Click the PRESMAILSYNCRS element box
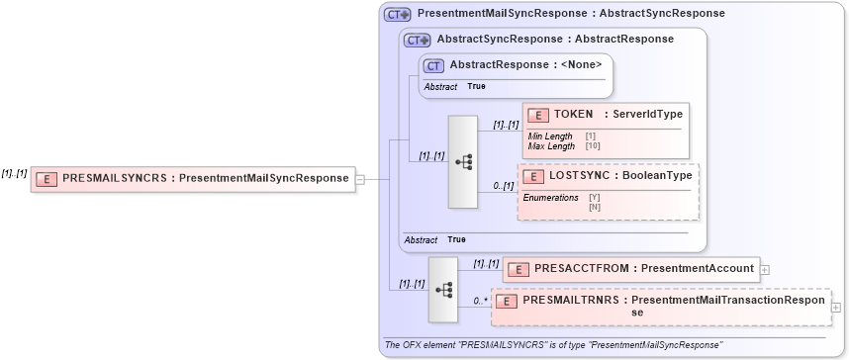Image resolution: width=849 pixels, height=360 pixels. click(x=193, y=179)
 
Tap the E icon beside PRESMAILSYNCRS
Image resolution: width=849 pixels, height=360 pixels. click(x=47, y=179)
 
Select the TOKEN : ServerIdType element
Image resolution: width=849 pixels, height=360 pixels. click(x=605, y=115)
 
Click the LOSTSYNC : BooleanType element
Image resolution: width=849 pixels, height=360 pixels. click(x=609, y=176)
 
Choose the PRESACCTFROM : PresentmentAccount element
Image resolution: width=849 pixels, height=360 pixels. click(x=629, y=268)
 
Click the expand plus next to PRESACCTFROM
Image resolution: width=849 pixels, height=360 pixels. click(x=765, y=268)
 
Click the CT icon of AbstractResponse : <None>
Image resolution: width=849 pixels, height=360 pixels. click(x=432, y=65)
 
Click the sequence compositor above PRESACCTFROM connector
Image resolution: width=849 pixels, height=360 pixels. click(x=442, y=289)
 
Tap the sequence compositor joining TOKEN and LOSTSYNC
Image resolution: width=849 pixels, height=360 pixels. click(x=463, y=162)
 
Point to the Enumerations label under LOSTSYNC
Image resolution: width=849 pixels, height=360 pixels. click(x=550, y=198)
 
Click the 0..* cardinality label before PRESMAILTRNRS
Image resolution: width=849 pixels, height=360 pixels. click(x=481, y=301)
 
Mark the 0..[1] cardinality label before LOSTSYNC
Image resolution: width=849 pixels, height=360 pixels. click(x=504, y=186)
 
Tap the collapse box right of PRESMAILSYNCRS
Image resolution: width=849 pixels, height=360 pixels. click(x=360, y=179)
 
